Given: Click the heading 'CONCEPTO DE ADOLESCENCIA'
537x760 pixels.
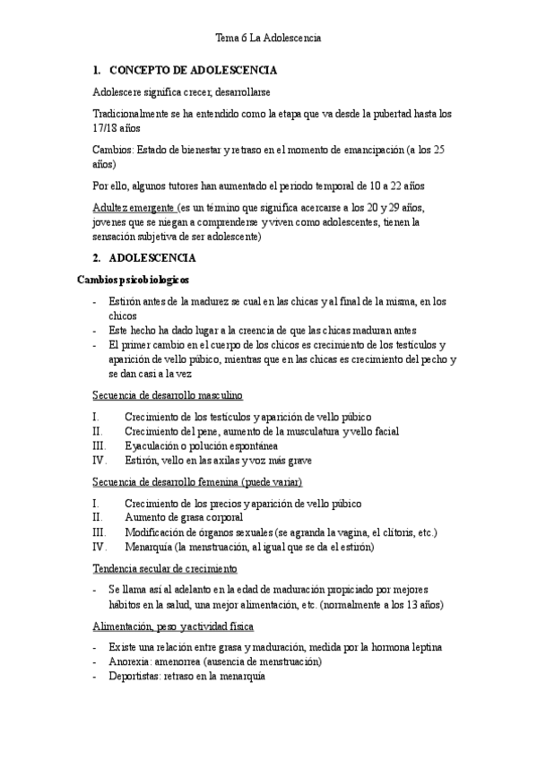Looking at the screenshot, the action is click(x=192, y=70).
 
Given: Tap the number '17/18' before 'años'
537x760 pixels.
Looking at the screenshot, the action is click(x=106, y=129).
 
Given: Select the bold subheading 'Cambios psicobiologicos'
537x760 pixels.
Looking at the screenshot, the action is click(x=133, y=280).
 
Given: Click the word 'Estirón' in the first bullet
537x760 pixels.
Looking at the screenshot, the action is click(x=126, y=301).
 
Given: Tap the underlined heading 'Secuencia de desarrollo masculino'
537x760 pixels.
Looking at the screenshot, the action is click(x=167, y=395).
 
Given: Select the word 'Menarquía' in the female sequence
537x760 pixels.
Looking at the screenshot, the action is click(x=149, y=547).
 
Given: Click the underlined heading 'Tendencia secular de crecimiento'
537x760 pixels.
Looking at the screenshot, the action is click(x=164, y=568).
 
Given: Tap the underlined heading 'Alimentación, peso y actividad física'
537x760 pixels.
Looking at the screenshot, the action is click(x=173, y=626).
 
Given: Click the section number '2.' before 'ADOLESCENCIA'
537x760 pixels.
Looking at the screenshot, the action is click(x=98, y=258).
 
